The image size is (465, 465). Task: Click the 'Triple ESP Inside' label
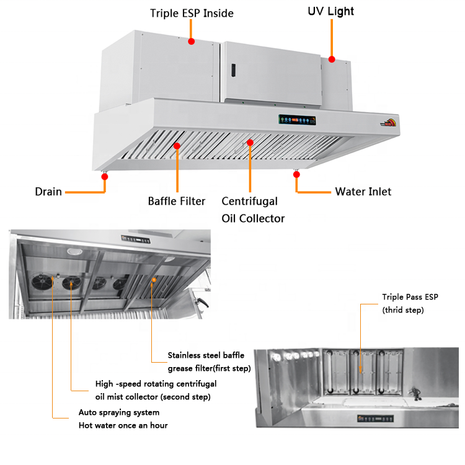pos(192,13)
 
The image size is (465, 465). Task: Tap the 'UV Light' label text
pos(331,11)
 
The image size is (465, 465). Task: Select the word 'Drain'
pos(48,192)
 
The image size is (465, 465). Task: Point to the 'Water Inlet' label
pos(363,192)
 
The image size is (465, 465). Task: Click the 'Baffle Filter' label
pos(176,201)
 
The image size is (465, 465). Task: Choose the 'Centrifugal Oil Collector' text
pos(253,210)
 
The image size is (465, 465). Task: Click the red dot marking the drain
pos(105,177)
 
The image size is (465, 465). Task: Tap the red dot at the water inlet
pos(296,175)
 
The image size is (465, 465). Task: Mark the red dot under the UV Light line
pos(332,60)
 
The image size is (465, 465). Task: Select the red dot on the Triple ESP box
pos(192,42)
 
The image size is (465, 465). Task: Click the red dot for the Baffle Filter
pos(177,146)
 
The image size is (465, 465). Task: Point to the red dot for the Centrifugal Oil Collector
pos(250,143)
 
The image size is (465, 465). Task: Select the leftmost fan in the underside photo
pos(45,283)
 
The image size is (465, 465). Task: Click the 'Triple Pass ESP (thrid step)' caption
pos(403,303)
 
